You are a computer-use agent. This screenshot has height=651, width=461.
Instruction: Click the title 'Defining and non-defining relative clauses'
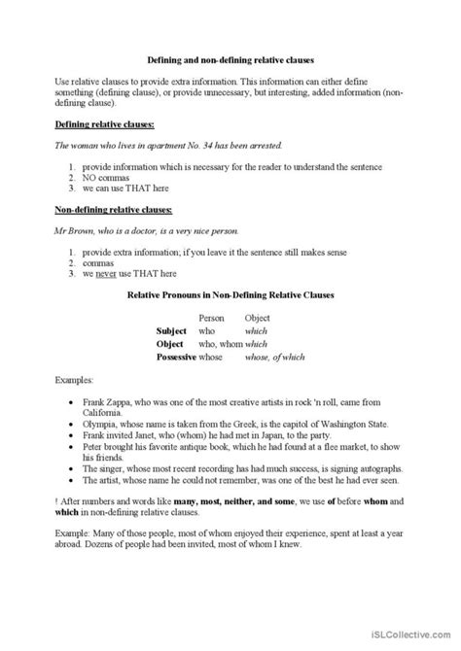230,58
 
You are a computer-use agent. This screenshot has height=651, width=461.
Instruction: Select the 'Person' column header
211,318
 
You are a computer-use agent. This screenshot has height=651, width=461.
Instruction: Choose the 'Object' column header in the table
257,318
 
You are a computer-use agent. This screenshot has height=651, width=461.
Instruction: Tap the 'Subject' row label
175,330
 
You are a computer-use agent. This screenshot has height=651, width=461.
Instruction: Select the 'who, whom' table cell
220,343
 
